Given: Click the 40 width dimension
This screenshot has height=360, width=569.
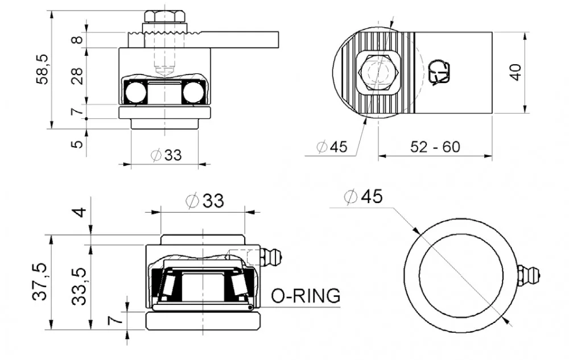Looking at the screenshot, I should pos(515,72).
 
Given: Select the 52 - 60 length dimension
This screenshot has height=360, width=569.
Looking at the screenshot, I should pos(435,147).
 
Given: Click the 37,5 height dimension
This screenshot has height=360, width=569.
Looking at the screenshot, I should pos(40,283).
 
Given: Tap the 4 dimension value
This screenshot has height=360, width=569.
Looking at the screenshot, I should pos(79,212).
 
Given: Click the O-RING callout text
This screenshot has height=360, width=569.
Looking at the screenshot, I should pos(306,296).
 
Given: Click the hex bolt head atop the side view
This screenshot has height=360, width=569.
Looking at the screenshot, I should pos(165,16).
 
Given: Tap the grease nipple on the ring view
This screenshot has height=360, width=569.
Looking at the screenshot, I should pos(530,275).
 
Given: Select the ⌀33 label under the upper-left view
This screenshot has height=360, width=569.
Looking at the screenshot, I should pos(166,154).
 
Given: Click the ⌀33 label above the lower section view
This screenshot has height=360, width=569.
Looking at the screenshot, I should pos(205,200).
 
